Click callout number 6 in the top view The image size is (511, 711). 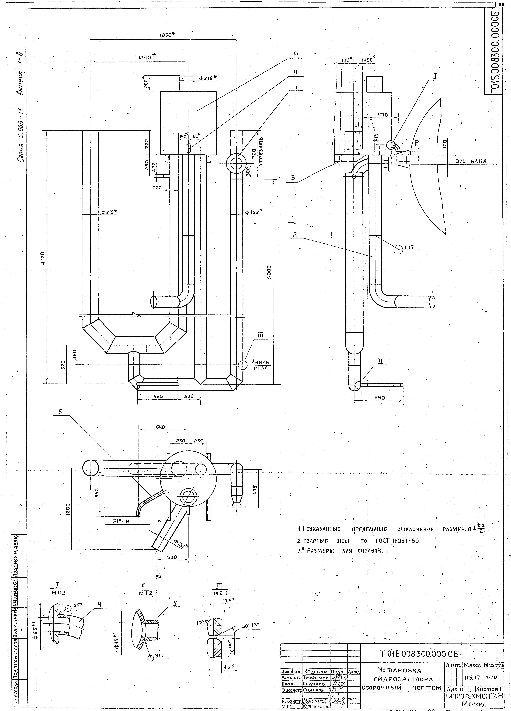296,53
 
